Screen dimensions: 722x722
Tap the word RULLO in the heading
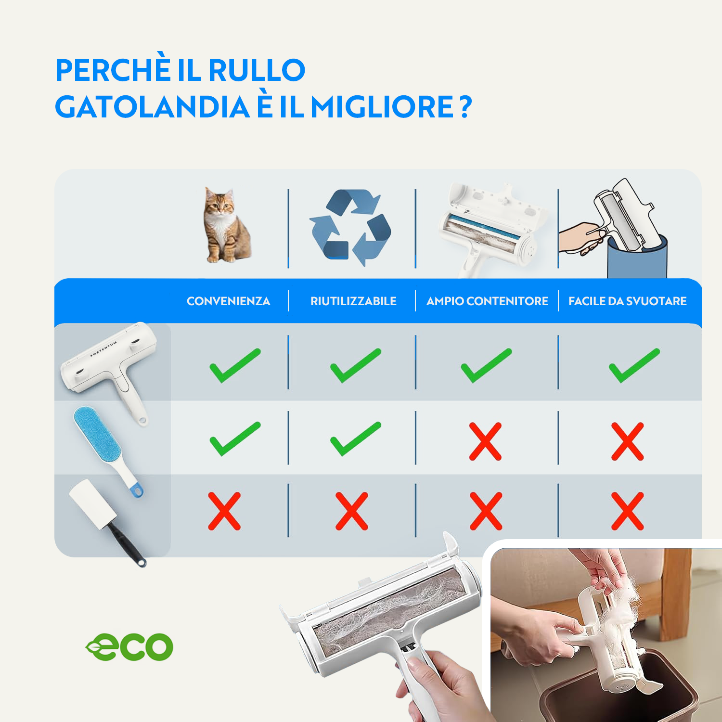tap(257, 70)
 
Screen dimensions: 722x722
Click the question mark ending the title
tap(465, 106)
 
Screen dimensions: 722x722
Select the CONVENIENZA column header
tap(228, 301)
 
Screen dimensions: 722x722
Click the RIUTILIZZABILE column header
tap(353, 301)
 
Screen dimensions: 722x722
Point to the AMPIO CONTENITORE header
tap(487, 301)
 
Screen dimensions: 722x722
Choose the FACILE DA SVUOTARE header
tap(627, 301)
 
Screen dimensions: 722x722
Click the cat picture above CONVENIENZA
tap(226, 225)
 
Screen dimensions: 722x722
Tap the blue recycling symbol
tap(350, 227)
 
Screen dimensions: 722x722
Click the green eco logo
tap(129, 646)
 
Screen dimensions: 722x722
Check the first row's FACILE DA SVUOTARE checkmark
tap(634, 366)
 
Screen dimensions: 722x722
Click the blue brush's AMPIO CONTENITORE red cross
tap(485, 441)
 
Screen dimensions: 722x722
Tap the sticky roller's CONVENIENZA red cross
tap(224, 511)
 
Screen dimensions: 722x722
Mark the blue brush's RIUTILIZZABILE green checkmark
tap(355, 439)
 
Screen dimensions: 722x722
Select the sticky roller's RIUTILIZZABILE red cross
tap(351, 511)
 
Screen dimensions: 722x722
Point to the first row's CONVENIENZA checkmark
tap(234, 366)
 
